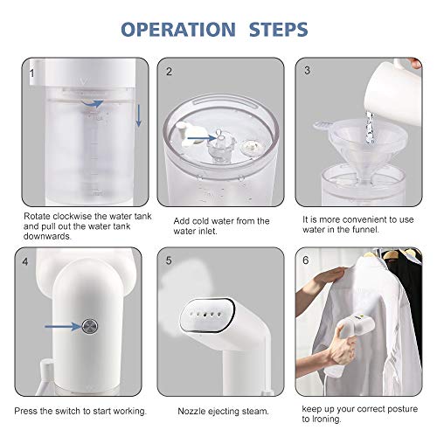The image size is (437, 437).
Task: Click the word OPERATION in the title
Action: point(178,30)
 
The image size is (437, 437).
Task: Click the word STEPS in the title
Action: point(279,30)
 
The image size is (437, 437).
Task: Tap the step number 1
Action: point(32,73)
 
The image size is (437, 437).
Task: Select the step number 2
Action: point(169,72)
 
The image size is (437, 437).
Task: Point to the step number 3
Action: point(307,70)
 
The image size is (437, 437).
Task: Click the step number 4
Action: point(25,261)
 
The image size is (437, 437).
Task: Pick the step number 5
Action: point(169,260)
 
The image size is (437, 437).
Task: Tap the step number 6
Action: point(306,260)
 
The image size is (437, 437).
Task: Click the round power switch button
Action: point(90,326)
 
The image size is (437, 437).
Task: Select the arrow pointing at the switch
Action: point(63,326)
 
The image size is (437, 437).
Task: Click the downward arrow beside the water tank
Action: point(139,116)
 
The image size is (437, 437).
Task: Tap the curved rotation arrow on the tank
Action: point(92,103)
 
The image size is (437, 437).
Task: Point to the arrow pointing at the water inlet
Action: point(201,138)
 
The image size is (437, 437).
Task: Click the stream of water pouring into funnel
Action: point(370,128)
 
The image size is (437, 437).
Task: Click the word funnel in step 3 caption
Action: point(365,230)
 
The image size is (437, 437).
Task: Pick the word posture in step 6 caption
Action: point(402,409)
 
